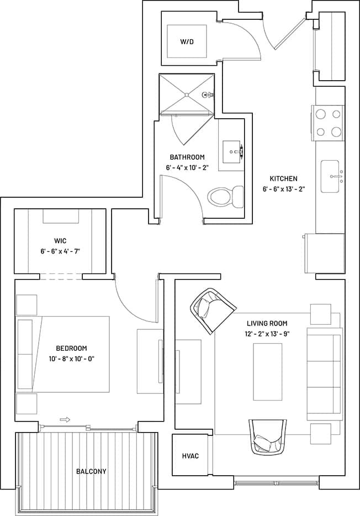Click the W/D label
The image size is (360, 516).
187,42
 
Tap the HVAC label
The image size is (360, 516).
190,456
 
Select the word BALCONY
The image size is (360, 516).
91,471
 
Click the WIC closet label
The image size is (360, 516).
60,241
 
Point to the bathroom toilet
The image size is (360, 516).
226,196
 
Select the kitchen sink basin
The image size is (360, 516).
330,176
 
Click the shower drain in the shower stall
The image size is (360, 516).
187,96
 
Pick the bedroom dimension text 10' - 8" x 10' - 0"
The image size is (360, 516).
71,358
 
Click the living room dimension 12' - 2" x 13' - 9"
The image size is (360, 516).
267,333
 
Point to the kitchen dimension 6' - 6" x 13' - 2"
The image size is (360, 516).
283,188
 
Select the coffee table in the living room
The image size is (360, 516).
268,371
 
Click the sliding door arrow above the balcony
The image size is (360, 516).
65,420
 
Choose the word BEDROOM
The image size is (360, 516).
71,348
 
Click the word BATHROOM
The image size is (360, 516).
187,157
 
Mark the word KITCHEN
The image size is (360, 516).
283,178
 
